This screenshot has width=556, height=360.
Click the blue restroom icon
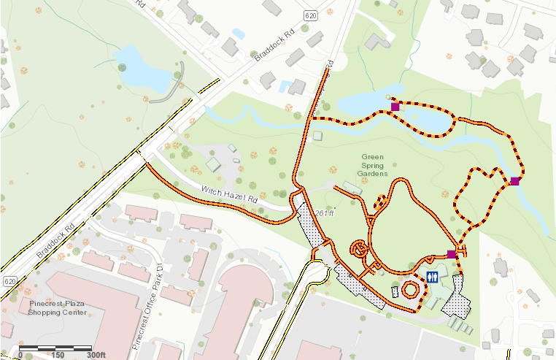click(432, 276)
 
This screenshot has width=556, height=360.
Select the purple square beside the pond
click(395, 107)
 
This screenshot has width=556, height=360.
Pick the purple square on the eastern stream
click(515, 181)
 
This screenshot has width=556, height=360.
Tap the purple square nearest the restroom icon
click(452, 254)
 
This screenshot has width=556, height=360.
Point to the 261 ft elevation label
click(324, 213)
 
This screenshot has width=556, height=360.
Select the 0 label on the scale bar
click(20, 355)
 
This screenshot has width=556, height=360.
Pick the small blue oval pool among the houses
click(239, 34)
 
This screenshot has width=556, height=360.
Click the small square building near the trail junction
click(317, 136)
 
